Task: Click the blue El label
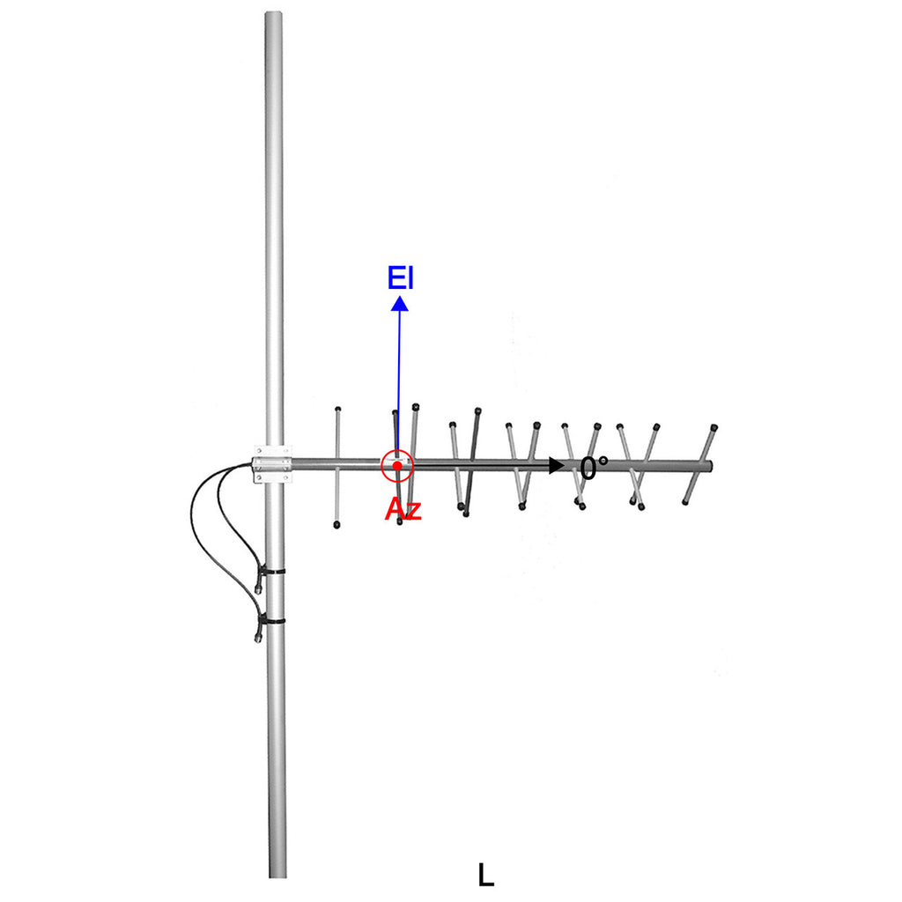pos(401,277)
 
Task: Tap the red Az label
pos(403,509)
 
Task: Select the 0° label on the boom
pos(594,469)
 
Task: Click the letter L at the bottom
pos(485,875)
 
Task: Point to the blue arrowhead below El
pos(400,303)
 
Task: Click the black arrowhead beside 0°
pos(557,465)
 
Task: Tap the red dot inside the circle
pos(397,466)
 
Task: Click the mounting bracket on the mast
pos(272,463)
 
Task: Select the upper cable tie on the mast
pos(271,573)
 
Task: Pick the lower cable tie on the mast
pos(272,622)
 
